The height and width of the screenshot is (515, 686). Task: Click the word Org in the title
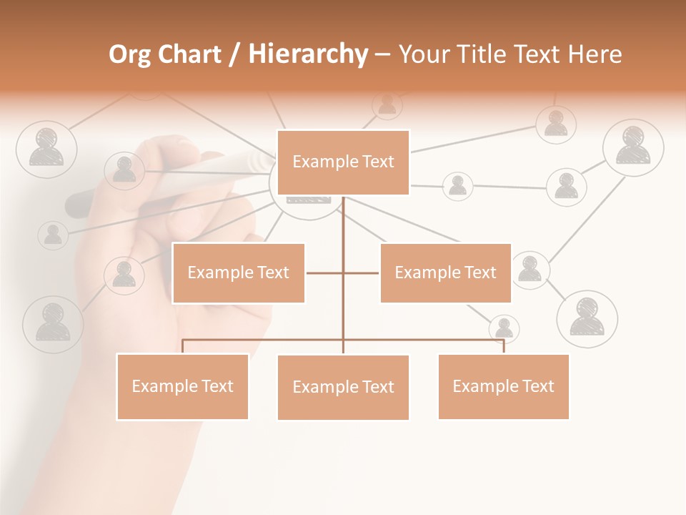pyautogui.click(x=129, y=55)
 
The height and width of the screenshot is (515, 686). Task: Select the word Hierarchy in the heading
pyautogui.click(x=308, y=55)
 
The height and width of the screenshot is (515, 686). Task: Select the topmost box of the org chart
pyautogui.click(x=343, y=162)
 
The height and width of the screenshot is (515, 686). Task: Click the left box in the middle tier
pyautogui.click(x=239, y=273)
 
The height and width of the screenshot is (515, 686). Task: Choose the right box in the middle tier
pyautogui.click(x=445, y=273)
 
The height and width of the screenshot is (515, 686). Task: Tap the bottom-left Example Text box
pyautogui.click(x=182, y=387)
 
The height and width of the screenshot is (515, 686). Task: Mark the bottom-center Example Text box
pyautogui.click(x=343, y=388)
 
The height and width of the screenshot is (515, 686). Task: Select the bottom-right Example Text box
pyautogui.click(x=503, y=387)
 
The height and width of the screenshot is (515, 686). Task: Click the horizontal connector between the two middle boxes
pyautogui.click(x=325, y=273)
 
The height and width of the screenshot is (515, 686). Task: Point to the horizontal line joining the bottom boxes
pyautogui.click(x=264, y=340)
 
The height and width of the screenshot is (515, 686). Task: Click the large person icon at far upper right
pyautogui.click(x=633, y=147)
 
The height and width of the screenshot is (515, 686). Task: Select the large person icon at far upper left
pyautogui.click(x=46, y=149)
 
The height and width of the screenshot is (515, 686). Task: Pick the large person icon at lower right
pyautogui.click(x=587, y=319)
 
